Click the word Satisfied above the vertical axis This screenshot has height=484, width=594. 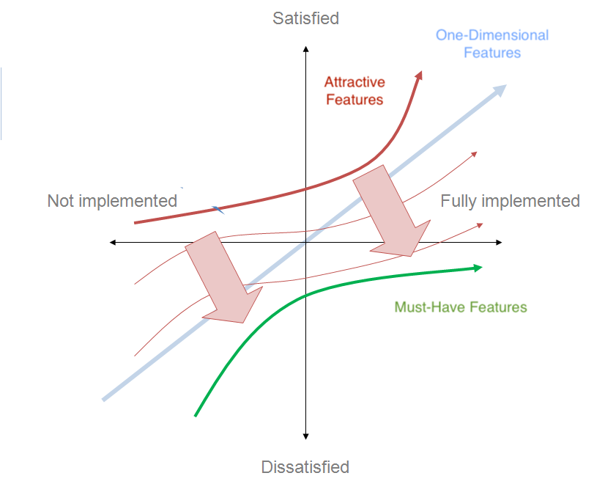pos(305,18)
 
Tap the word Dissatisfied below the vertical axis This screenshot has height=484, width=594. pos(305,467)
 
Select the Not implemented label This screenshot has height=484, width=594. pos(112,201)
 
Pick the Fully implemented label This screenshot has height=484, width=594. pos(510,201)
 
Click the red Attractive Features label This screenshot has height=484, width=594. pos(354,91)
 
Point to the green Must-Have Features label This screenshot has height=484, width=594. pos(461,307)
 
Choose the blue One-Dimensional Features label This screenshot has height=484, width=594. pos(492,43)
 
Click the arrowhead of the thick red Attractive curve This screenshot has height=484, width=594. pos(419,75)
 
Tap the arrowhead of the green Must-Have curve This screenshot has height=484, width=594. pos(478,268)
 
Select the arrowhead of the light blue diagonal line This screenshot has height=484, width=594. pos(501,90)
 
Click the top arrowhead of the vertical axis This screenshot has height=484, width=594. pos(306,49)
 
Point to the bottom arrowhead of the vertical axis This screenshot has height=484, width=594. pos(305,436)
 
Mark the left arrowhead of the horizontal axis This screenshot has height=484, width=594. pos(113,242)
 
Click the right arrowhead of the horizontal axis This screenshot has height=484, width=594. pos(499,242)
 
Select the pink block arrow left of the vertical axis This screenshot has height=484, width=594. pos(224,277)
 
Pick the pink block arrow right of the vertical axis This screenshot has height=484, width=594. pos(392,210)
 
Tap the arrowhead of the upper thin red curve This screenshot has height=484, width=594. pos(475,154)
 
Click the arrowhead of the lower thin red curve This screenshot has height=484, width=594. pos(480,225)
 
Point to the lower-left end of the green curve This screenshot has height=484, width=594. pos(195,416)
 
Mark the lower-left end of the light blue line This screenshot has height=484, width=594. pos(103,400)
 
